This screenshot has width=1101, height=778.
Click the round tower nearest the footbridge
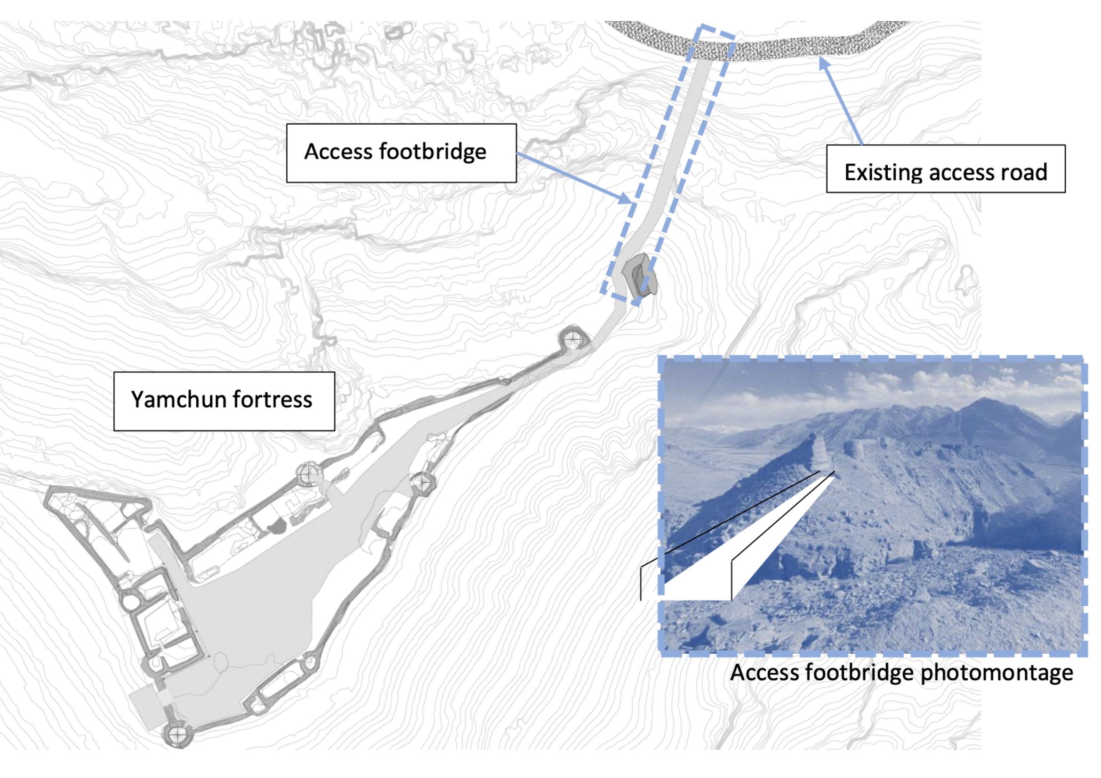pyautogui.click(x=572, y=340)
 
